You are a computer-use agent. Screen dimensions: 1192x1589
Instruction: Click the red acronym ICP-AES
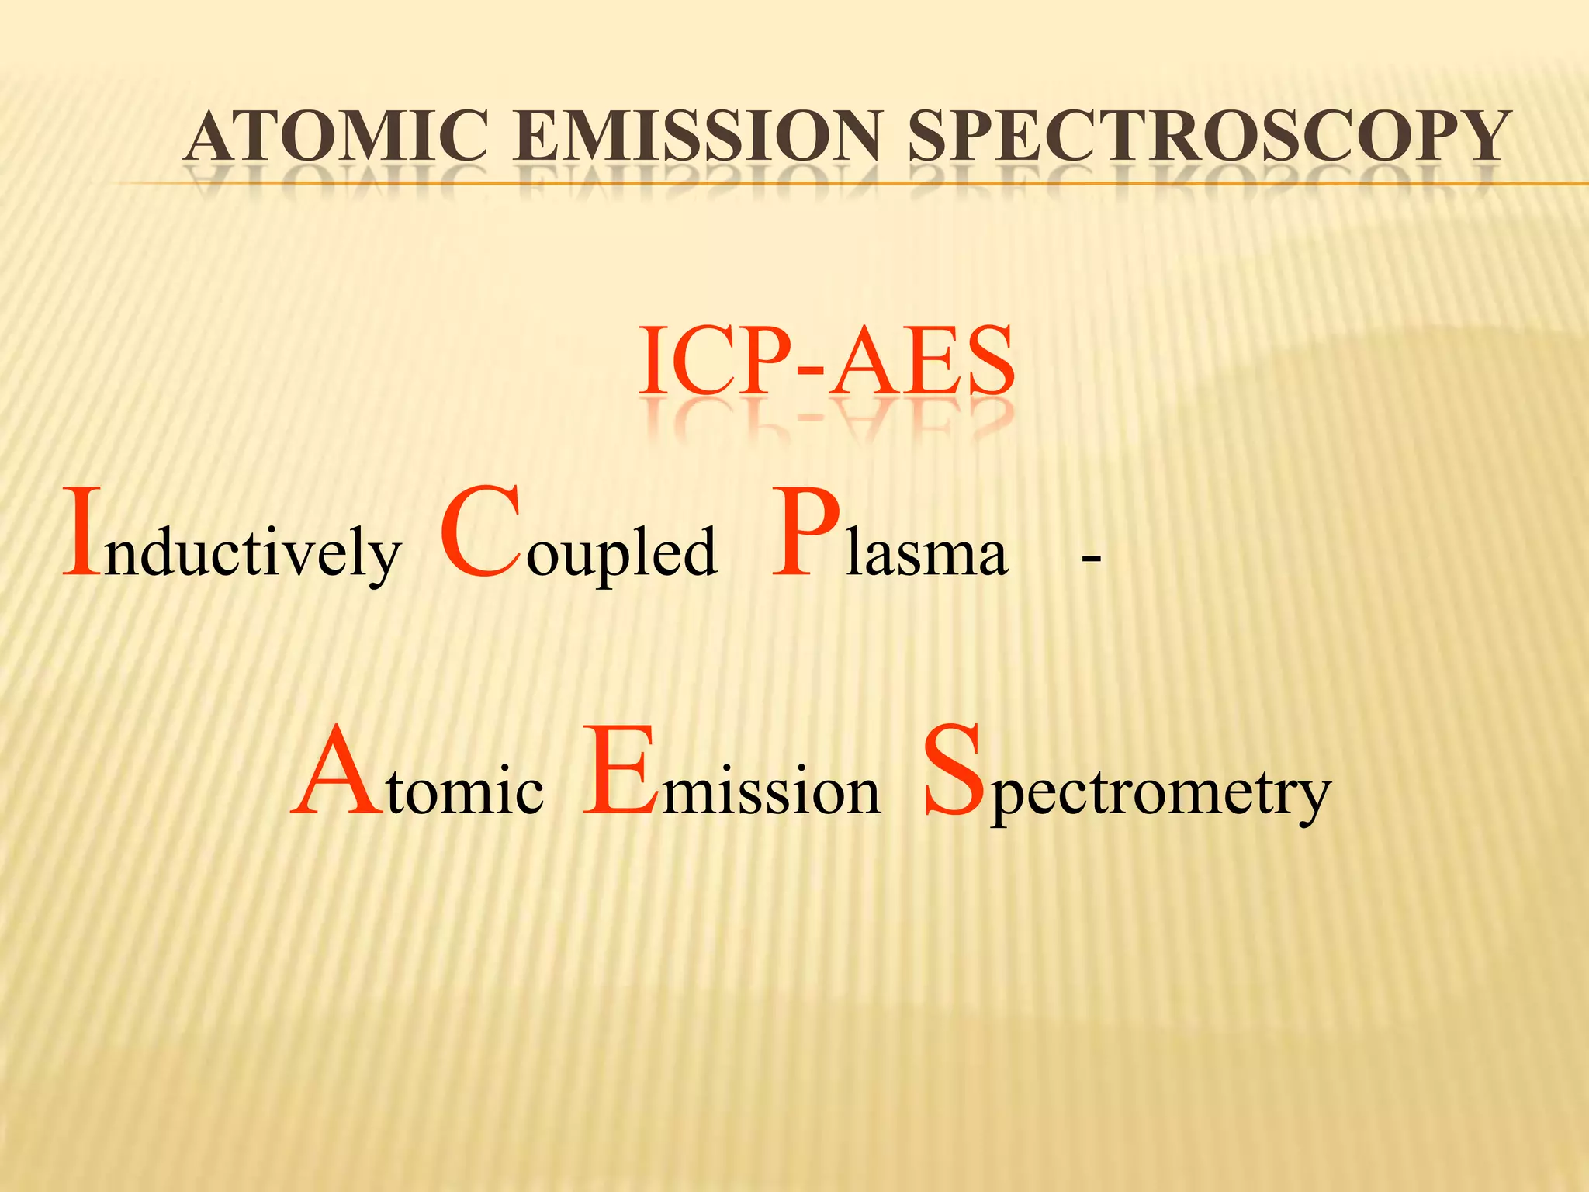point(826,361)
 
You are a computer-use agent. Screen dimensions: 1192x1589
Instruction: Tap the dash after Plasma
point(1091,557)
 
